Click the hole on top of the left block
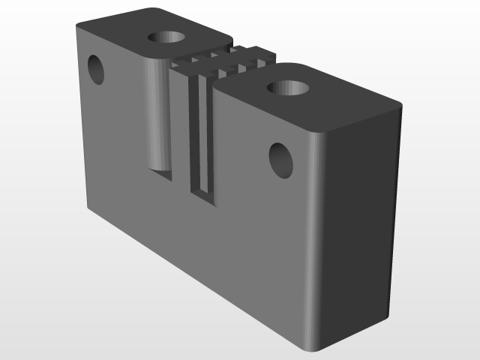click(x=167, y=37)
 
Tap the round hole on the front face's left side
click(x=96, y=69)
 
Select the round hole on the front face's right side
click(x=281, y=160)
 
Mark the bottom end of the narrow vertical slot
click(x=203, y=197)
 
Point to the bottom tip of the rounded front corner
click(x=313, y=351)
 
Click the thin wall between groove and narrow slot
click(x=182, y=127)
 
